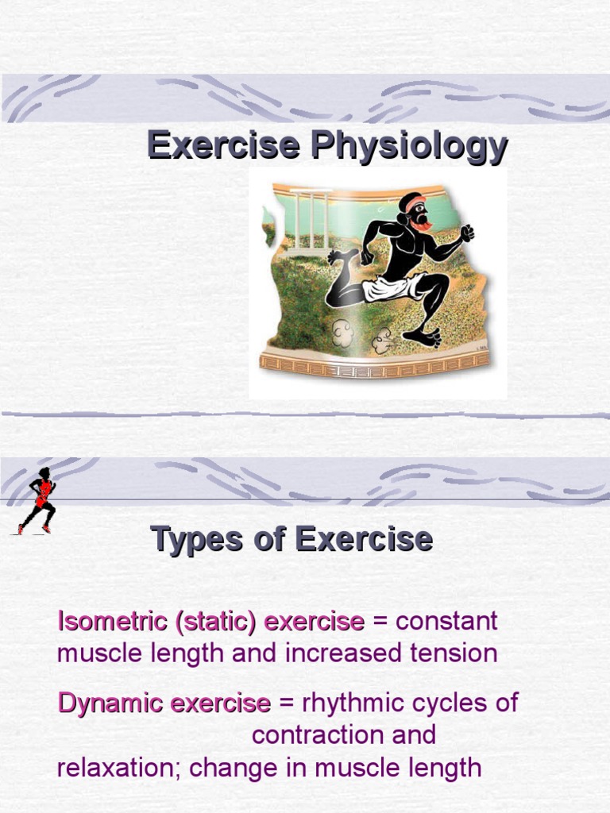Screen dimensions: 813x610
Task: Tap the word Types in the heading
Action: [197, 540]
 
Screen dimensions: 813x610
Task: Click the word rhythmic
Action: [346, 703]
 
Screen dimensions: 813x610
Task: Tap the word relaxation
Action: [118, 769]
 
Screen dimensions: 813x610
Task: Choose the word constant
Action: [446, 622]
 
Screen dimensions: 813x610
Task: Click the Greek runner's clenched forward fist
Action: [467, 233]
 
